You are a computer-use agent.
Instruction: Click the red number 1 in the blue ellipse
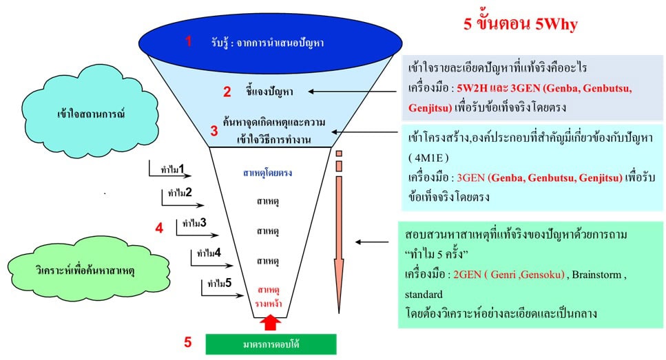coord(189,41)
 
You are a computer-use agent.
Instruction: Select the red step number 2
coord(227,92)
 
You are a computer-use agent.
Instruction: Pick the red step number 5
coord(187,341)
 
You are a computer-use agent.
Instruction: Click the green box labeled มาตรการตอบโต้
coord(271,343)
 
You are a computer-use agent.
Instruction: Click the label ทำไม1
coord(173,168)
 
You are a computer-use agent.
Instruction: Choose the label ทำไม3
coord(195,223)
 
